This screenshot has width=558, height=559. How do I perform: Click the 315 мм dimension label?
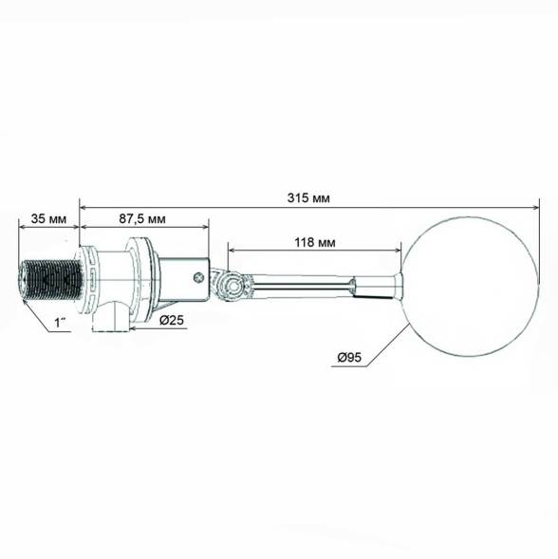308,197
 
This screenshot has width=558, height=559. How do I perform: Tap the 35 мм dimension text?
48,218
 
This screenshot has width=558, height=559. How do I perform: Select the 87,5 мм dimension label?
142,218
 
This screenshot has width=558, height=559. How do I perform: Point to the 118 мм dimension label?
315,242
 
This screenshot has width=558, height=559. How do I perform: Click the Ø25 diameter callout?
172,320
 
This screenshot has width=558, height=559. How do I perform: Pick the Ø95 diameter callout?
349,357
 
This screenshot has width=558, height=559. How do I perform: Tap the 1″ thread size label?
60,323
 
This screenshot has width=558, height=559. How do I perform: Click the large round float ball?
471,286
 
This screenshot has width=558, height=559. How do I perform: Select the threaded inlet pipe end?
50,280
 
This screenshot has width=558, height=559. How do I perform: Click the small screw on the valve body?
198,277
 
